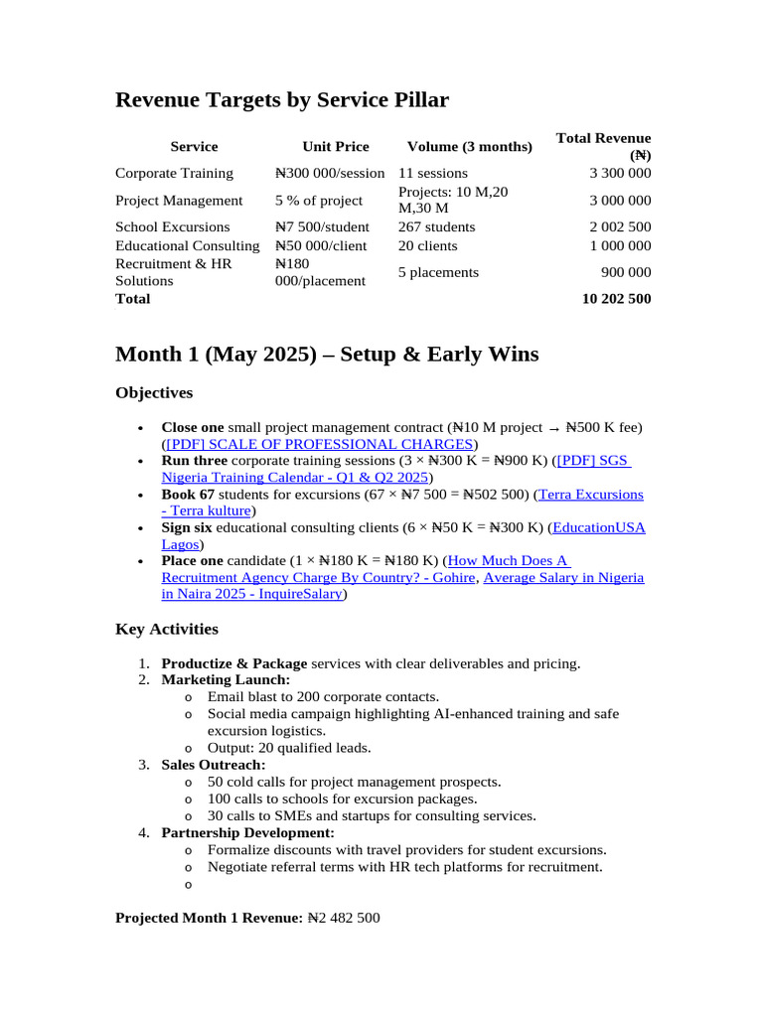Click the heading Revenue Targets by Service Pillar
click(x=282, y=100)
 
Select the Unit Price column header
click(x=335, y=147)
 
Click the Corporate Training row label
click(x=174, y=173)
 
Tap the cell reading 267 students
click(x=436, y=226)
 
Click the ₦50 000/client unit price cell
click(x=321, y=245)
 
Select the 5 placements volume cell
click(x=438, y=272)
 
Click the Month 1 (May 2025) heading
click(x=327, y=354)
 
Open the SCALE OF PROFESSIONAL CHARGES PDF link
click(x=319, y=444)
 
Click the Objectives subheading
click(x=154, y=393)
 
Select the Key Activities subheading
click(x=167, y=630)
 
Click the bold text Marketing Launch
click(x=226, y=680)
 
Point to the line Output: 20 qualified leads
click(x=289, y=748)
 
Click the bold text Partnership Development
click(x=247, y=832)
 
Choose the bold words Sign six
click(x=187, y=527)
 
